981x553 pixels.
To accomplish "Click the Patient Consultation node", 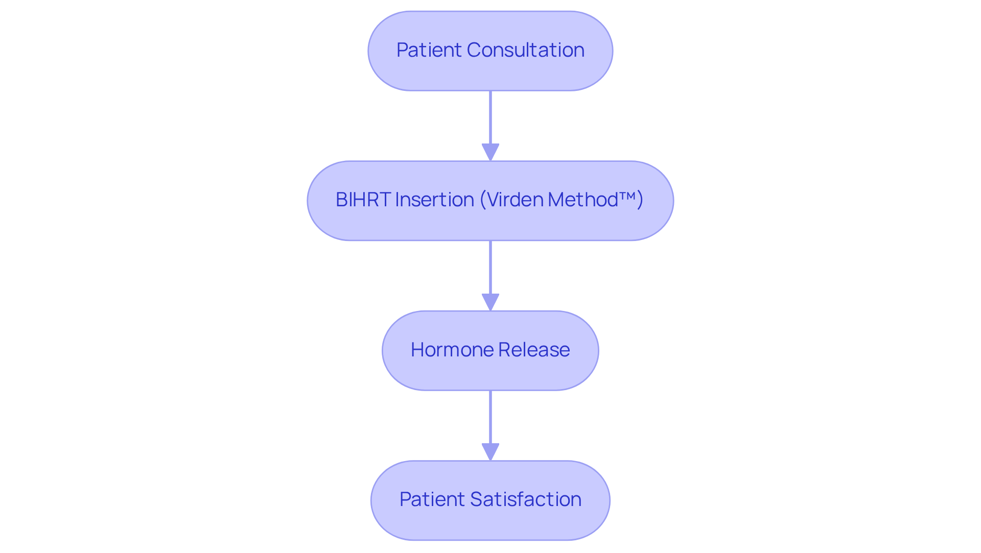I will click(x=491, y=51).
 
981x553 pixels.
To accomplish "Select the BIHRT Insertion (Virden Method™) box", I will click(x=491, y=201).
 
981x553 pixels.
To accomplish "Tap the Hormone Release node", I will click(x=491, y=350).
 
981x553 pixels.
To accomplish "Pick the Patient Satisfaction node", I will click(x=491, y=500).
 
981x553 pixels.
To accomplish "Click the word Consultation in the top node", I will click(x=525, y=50).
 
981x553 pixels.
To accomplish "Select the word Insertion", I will click(x=434, y=200).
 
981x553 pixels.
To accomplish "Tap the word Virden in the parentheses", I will click(x=515, y=200).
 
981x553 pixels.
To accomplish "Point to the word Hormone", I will click(x=452, y=350).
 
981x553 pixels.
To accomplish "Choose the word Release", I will click(x=534, y=350).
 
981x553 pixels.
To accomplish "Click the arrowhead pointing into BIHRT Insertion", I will click(x=491, y=152).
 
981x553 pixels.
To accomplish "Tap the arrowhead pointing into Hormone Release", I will click(x=491, y=302).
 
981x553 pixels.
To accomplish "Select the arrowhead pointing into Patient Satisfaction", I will click(x=491, y=451).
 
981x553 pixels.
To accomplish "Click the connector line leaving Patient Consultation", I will click(x=491, y=117).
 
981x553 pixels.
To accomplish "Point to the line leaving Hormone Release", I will click(x=491, y=416).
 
